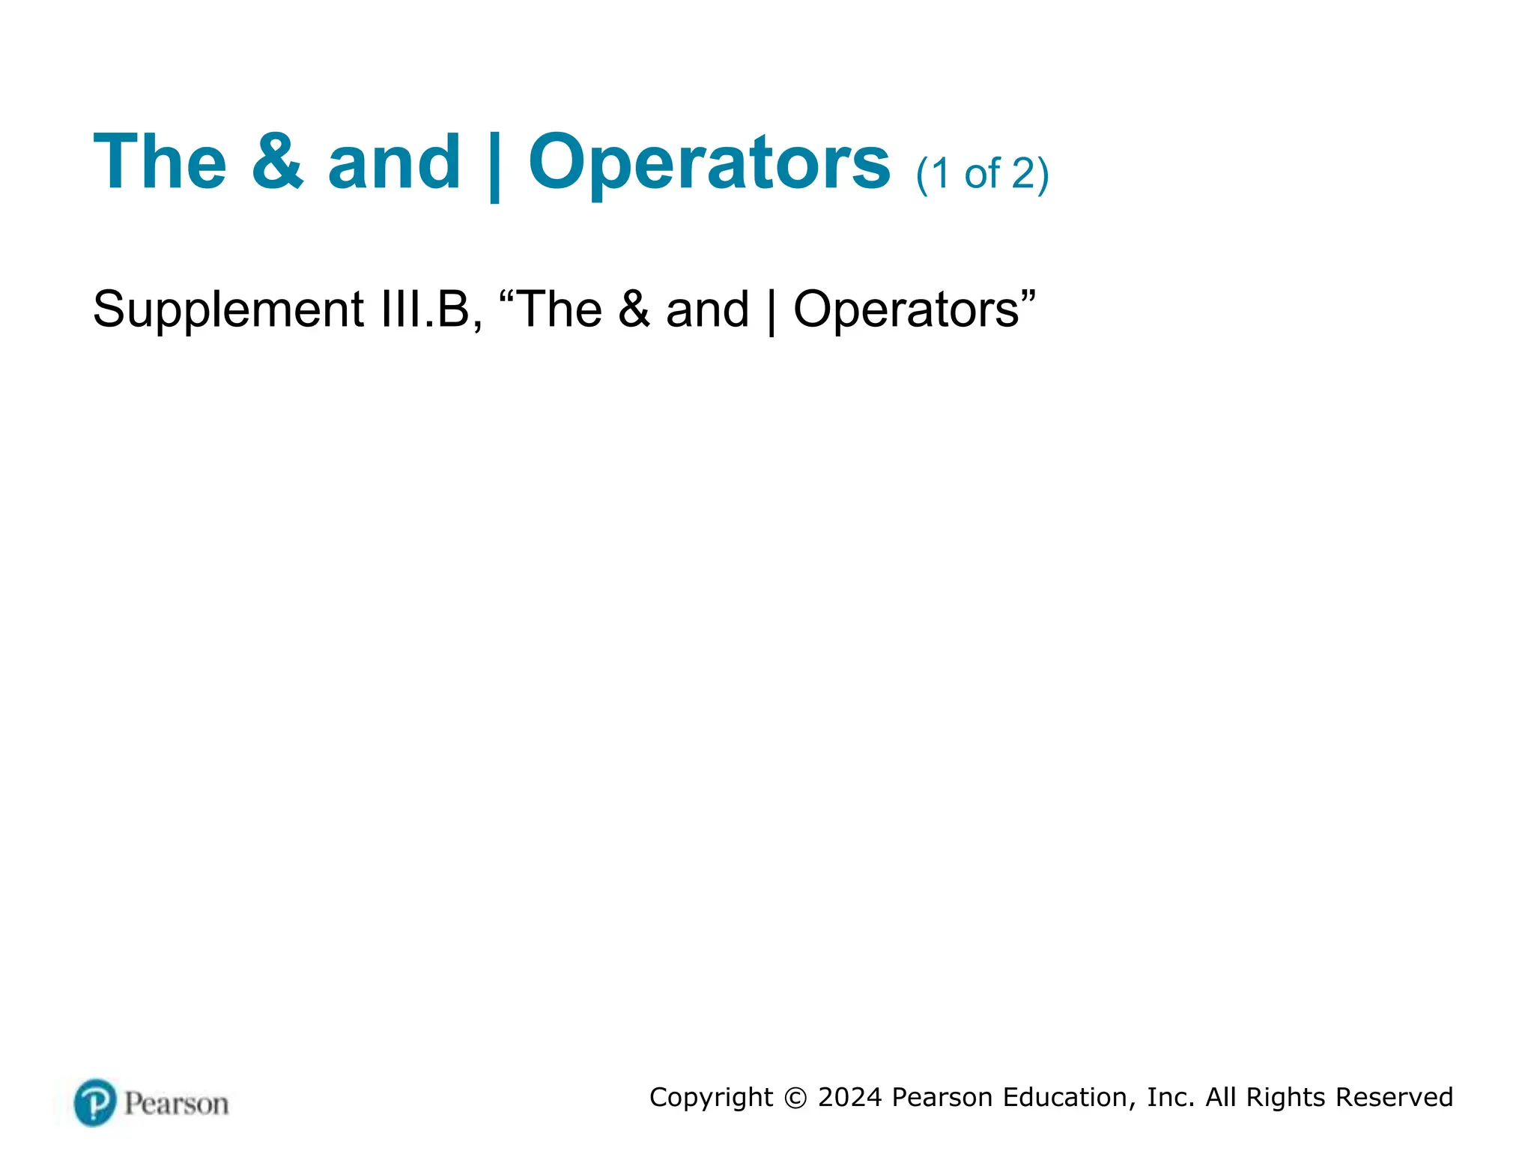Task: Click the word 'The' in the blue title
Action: (x=160, y=162)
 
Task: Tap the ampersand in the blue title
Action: (x=277, y=162)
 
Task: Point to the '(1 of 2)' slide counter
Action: (x=982, y=174)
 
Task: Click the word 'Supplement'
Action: (x=228, y=310)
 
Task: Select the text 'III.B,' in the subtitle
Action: (x=431, y=309)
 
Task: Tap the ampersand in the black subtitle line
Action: (x=634, y=309)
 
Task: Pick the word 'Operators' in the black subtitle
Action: (x=906, y=310)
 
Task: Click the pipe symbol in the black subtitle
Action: (x=771, y=312)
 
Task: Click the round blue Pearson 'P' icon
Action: (x=95, y=1102)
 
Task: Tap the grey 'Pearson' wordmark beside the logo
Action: (x=177, y=1104)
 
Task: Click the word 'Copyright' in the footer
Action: (x=711, y=1098)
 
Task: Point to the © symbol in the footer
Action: (x=795, y=1098)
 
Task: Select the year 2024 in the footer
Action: (x=850, y=1098)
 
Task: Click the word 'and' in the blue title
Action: (x=394, y=162)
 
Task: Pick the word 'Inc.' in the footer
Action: (x=1171, y=1098)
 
